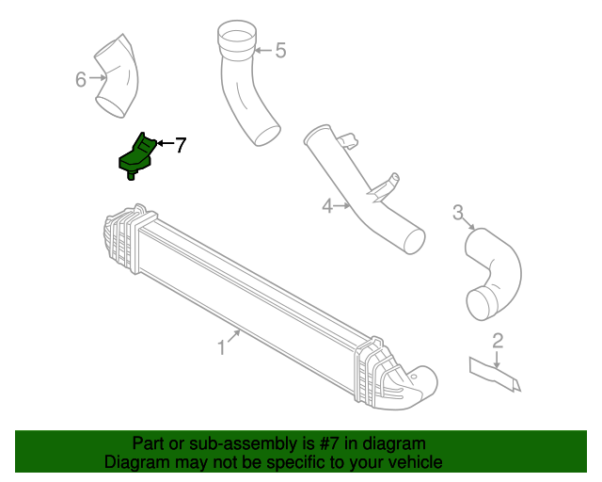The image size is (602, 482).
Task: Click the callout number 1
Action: (221, 347)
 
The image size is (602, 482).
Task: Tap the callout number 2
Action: (498, 341)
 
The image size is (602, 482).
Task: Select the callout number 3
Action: (458, 213)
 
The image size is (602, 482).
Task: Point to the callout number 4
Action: (327, 205)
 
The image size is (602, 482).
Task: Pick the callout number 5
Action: (279, 50)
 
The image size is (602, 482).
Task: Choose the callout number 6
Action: (81, 79)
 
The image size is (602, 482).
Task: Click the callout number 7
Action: (181, 145)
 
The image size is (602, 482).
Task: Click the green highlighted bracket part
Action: (138, 155)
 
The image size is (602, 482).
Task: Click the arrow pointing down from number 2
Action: (498, 359)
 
